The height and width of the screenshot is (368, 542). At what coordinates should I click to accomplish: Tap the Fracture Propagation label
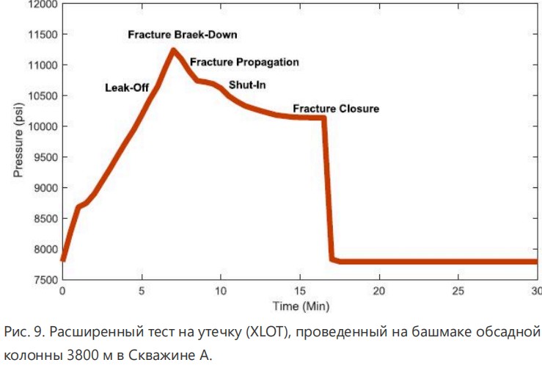(x=244, y=62)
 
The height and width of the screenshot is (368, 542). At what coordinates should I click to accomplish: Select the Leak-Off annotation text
(x=127, y=88)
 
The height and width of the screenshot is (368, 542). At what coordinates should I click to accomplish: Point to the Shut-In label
(x=247, y=85)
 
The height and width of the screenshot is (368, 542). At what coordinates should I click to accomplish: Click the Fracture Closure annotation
(x=336, y=109)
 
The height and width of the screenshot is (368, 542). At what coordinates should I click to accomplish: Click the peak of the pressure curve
(x=173, y=50)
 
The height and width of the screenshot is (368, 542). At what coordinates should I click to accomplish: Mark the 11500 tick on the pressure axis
(x=42, y=35)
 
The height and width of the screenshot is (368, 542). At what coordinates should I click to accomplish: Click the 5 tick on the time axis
(x=142, y=291)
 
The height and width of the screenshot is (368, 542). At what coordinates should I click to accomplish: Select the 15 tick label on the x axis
(x=299, y=291)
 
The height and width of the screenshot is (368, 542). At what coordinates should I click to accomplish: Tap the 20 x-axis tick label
(x=378, y=291)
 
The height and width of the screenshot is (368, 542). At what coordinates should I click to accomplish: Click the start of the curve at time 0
(x=63, y=260)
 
